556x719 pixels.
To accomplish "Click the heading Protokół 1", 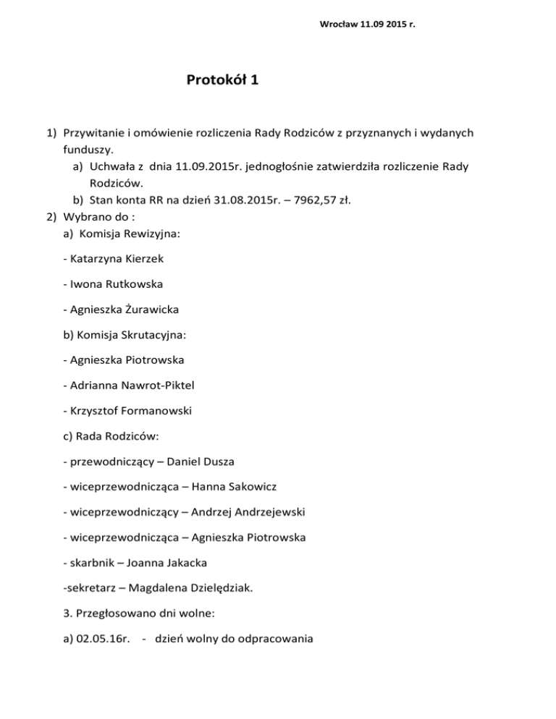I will pyautogui.click(x=222, y=80).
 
